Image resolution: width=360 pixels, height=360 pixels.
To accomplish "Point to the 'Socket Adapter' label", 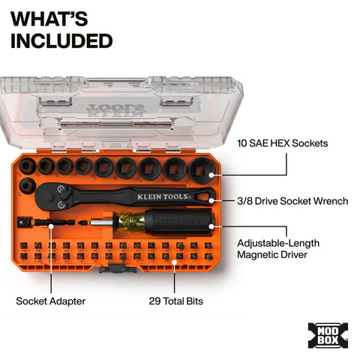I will click(x=51, y=301).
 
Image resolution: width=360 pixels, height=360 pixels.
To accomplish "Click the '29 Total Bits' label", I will click(x=175, y=301).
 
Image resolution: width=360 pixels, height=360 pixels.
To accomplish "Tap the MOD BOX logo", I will click(x=328, y=334).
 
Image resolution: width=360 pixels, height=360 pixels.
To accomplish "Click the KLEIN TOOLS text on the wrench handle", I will click(x=158, y=196).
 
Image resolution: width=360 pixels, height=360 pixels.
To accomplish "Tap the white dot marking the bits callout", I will click(x=175, y=262).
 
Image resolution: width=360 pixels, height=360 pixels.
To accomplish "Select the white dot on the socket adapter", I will click(x=51, y=223).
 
